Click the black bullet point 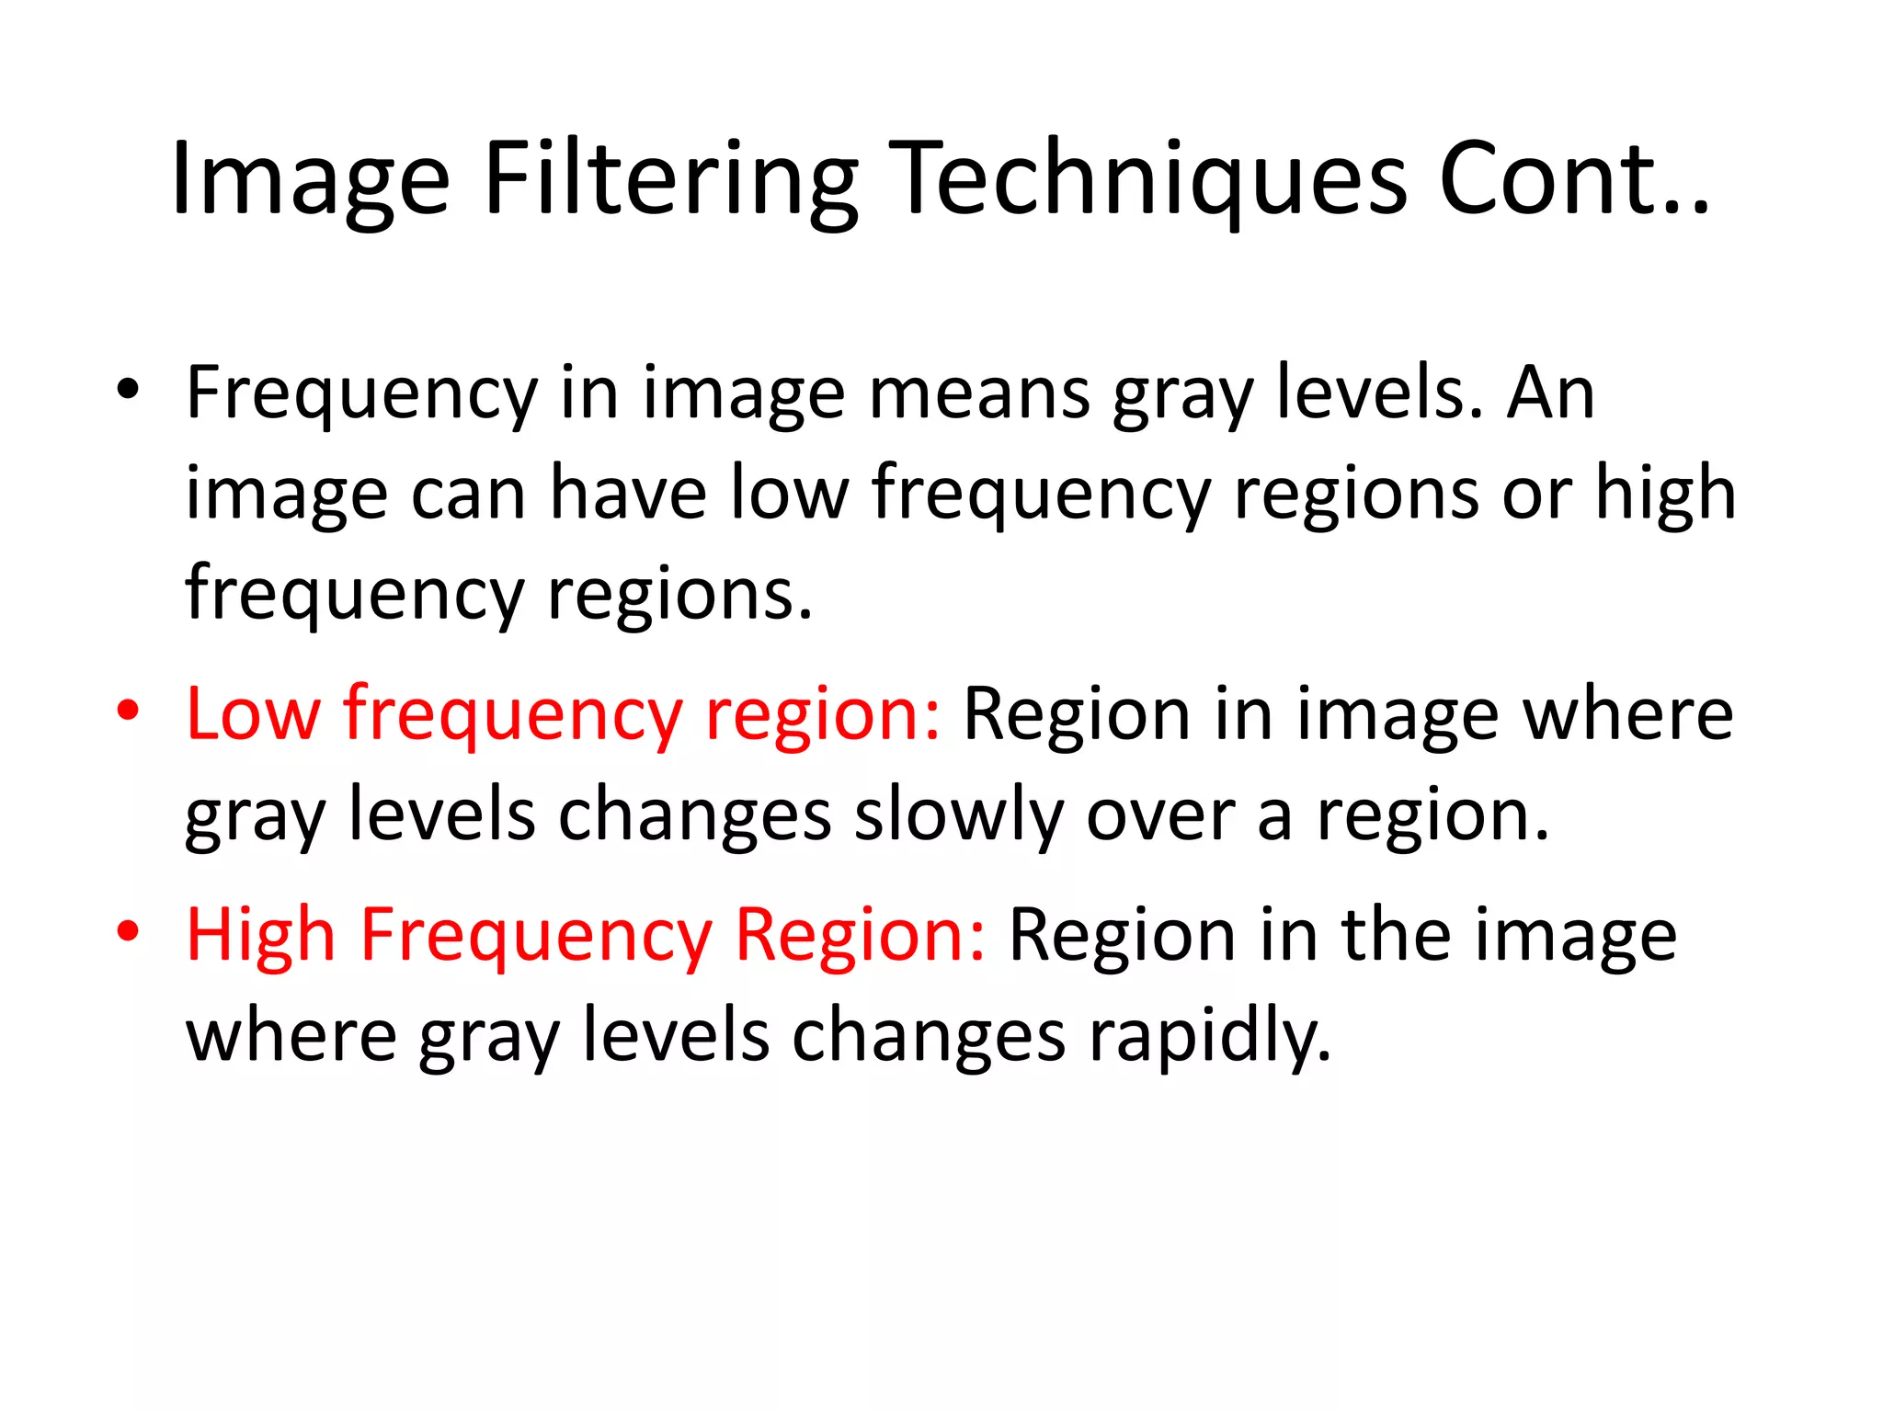[x=128, y=390]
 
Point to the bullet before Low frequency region [x=128, y=711]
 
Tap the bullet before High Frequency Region [x=128, y=931]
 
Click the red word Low [x=254, y=714]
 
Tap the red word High [x=261, y=935]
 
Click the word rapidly [x=1210, y=1036]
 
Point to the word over [x=1160, y=815]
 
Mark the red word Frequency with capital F [x=536, y=935]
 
